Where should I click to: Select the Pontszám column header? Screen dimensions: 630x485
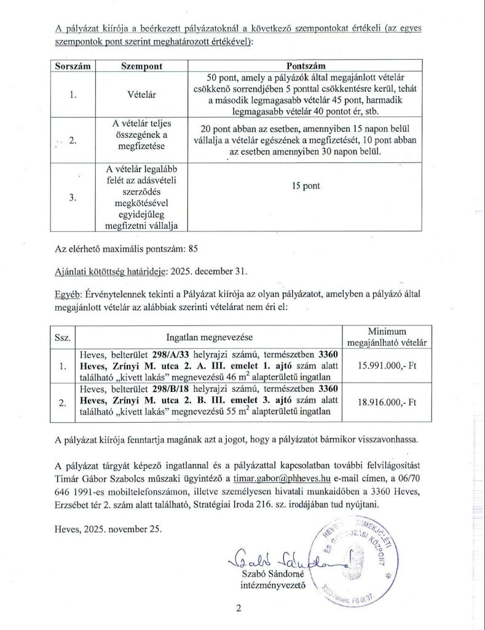(x=306, y=65)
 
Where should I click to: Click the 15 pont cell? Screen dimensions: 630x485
(x=306, y=185)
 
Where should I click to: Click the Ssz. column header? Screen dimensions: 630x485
(x=63, y=337)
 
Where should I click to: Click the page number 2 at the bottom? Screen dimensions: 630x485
(x=238, y=609)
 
